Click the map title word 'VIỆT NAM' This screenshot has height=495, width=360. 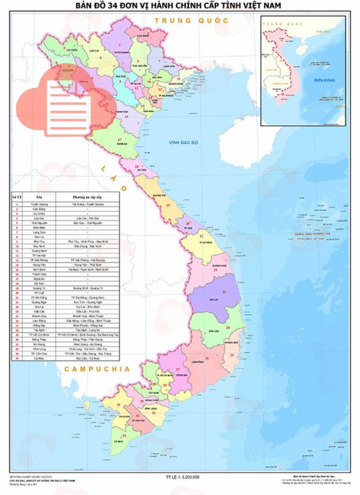pos(262,5)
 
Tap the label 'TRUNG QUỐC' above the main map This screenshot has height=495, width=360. pos(191,21)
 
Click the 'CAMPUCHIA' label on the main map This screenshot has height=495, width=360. pos(97,369)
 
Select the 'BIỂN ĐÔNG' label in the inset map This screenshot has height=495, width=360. pos(324,80)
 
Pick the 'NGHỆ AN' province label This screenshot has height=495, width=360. pos(120,144)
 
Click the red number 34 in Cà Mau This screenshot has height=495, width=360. pos(125,436)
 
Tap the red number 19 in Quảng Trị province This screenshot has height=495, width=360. pos(168,205)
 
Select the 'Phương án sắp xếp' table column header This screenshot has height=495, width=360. pos(87,197)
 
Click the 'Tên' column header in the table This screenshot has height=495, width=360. pos(39,197)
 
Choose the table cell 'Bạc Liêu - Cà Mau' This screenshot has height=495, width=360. pos(87,358)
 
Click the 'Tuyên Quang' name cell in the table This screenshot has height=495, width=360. pos(39,204)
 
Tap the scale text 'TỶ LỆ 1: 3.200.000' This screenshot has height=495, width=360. pos(182,477)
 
